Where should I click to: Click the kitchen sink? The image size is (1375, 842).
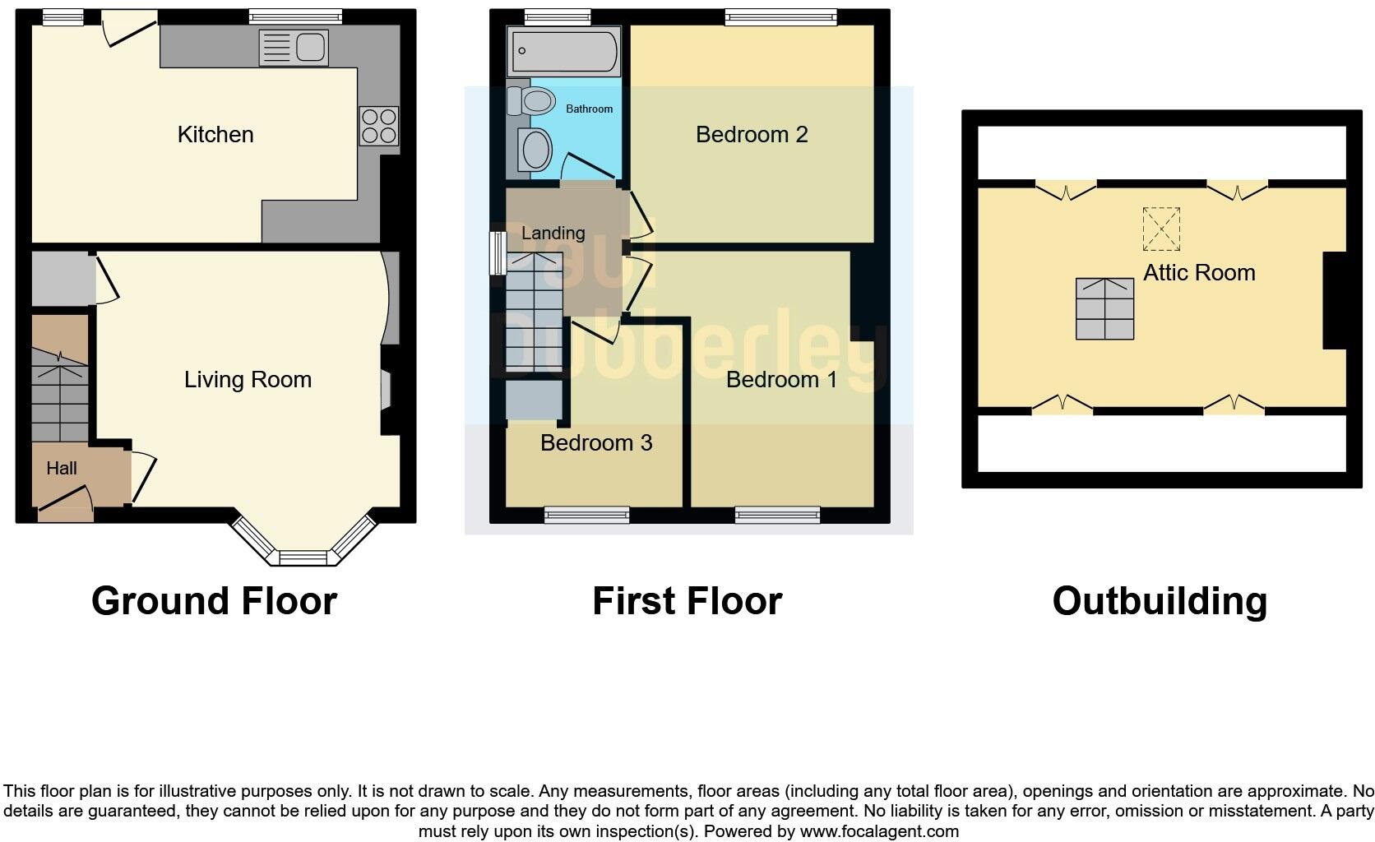tap(294, 48)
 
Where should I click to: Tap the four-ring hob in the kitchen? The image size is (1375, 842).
tap(379, 127)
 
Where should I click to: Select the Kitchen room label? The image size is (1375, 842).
tap(215, 134)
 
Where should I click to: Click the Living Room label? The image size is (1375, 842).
tap(248, 379)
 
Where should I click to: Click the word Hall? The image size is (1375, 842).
tap(62, 468)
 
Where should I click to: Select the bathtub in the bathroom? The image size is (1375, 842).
tap(563, 52)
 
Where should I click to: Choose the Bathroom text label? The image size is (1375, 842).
tap(589, 109)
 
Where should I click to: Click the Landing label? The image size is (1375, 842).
tap(553, 233)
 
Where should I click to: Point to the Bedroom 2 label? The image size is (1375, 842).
tap(752, 134)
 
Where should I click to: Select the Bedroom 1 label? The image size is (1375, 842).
tap(781, 379)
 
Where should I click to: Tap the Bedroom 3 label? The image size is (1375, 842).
tap(596, 442)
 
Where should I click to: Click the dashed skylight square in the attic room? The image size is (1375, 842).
tap(1161, 229)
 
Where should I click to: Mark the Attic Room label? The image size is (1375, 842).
tap(1199, 272)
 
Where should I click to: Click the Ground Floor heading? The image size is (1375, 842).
tap(214, 601)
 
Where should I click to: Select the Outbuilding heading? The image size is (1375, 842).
tap(1160, 601)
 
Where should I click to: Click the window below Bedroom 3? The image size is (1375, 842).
tap(586, 515)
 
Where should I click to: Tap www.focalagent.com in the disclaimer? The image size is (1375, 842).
tap(879, 831)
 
